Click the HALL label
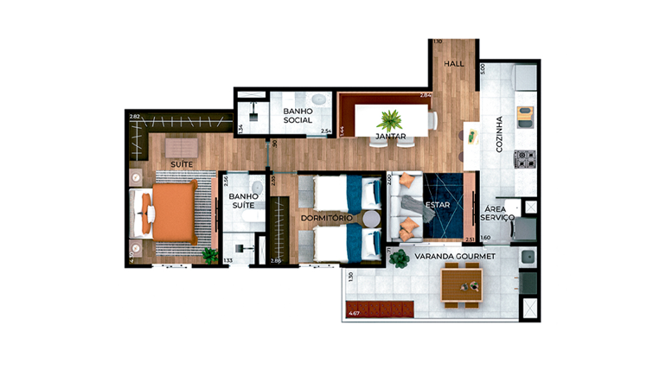coord(454,64)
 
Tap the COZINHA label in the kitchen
coord(499,135)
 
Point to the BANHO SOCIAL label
coord(298,117)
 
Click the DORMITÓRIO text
coord(326,218)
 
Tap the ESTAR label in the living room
coord(438,205)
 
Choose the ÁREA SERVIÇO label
coord(499,214)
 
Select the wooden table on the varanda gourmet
coord(461,284)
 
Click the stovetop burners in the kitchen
coord(525,159)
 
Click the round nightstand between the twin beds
coord(370,219)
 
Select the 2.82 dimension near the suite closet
coord(134,116)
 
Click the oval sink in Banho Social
coord(318,100)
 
